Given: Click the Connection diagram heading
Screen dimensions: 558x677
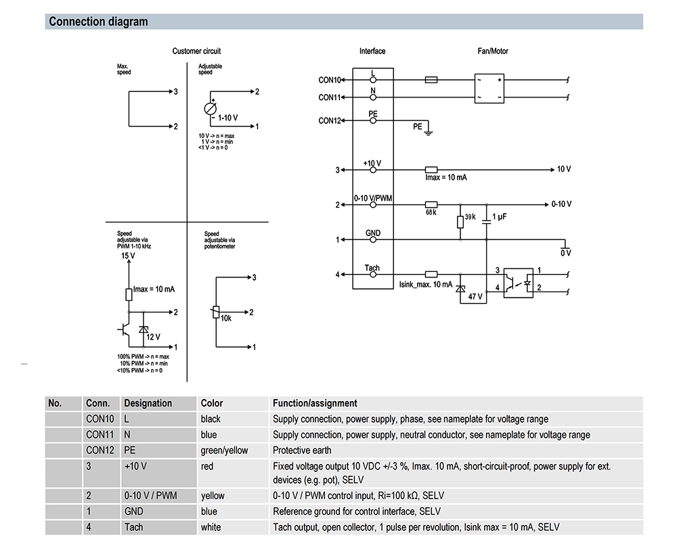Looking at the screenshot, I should (x=98, y=22).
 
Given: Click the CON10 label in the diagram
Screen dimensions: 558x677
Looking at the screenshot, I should (x=330, y=80).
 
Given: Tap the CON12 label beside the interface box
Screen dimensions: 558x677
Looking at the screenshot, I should (x=330, y=121).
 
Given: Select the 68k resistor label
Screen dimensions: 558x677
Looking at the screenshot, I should (x=430, y=212).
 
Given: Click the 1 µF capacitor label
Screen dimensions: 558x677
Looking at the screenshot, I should (x=500, y=216).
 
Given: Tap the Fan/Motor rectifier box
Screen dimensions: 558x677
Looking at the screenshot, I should (x=490, y=89).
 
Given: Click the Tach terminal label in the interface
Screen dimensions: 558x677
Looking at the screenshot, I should (x=372, y=268).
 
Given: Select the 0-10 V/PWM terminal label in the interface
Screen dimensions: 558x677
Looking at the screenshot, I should (x=373, y=197).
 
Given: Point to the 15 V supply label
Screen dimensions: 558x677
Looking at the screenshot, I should (x=128, y=257).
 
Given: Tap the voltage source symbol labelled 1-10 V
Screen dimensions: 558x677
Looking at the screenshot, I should (x=210, y=109).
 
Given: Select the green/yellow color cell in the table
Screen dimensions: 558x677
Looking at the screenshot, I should (x=224, y=450).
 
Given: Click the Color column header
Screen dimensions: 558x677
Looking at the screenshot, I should (x=212, y=403).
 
